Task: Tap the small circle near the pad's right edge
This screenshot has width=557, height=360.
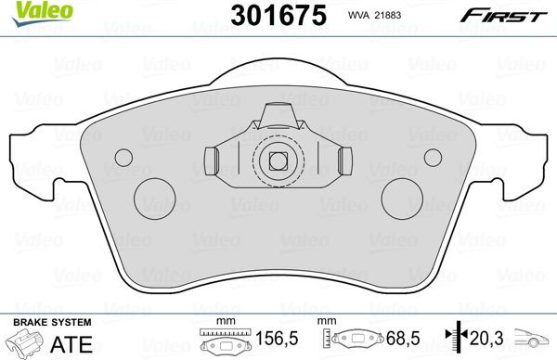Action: pos(432,156)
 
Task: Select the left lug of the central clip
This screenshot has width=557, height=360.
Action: pos(212,161)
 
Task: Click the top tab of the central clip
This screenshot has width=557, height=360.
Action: pos(276,118)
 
